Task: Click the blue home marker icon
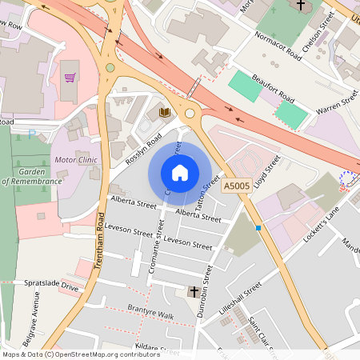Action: pos(180,172)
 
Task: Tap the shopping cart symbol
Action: pos(70,78)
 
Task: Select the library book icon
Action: pos(165,113)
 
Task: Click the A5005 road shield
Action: pos(236,186)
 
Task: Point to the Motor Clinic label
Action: pos(77,160)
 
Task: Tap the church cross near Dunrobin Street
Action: pos(194,293)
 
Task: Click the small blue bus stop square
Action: pos(258,228)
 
